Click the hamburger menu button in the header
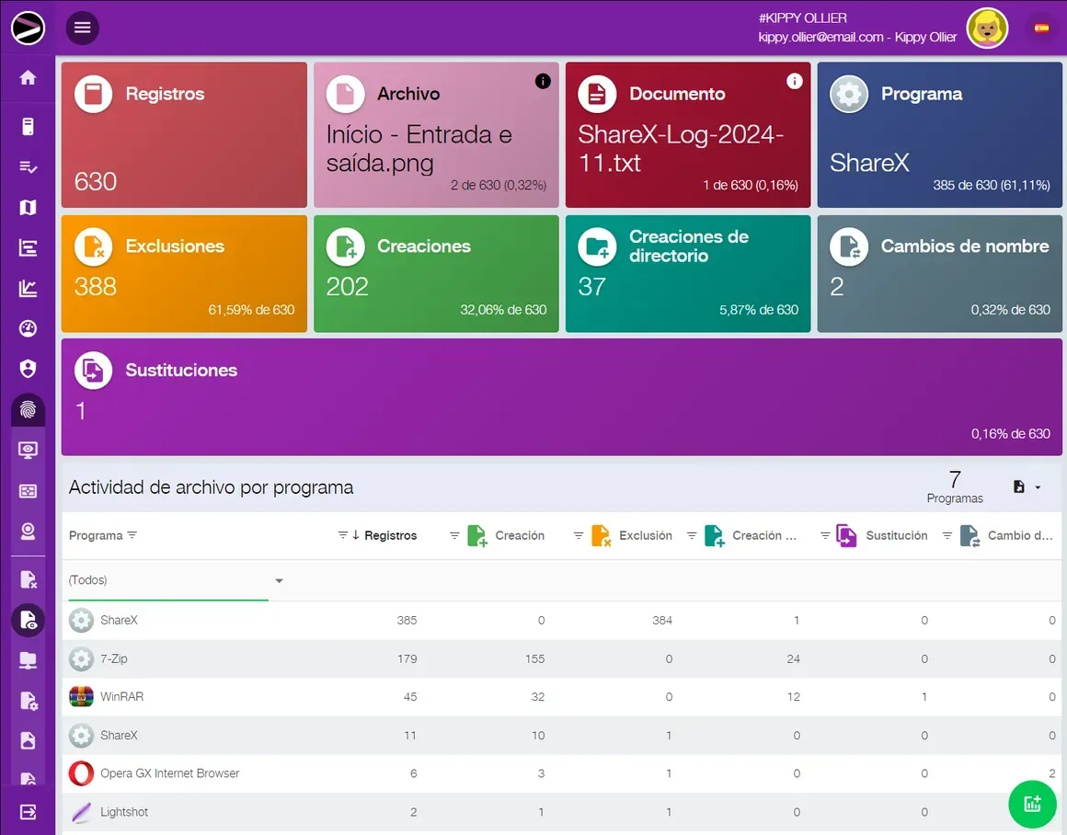click(x=83, y=28)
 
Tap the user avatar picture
click(x=987, y=29)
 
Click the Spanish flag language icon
click(x=1041, y=28)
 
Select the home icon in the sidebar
click(x=28, y=77)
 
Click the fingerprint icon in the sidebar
click(x=28, y=409)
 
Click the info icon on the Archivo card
click(x=543, y=81)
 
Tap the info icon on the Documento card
click(x=794, y=81)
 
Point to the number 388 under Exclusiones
click(x=96, y=287)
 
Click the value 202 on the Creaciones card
click(x=347, y=287)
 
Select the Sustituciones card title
click(x=181, y=371)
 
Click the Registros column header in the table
click(x=391, y=535)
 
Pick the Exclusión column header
click(x=645, y=535)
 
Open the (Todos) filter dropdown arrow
click(x=279, y=580)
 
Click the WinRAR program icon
click(x=81, y=696)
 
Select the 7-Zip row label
click(x=114, y=658)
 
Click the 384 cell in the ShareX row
click(x=662, y=620)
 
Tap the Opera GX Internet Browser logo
click(x=81, y=773)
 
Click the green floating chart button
click(x=1032, y=804)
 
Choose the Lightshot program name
click(x=124, y=812)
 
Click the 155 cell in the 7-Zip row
click(x=534, y=658)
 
